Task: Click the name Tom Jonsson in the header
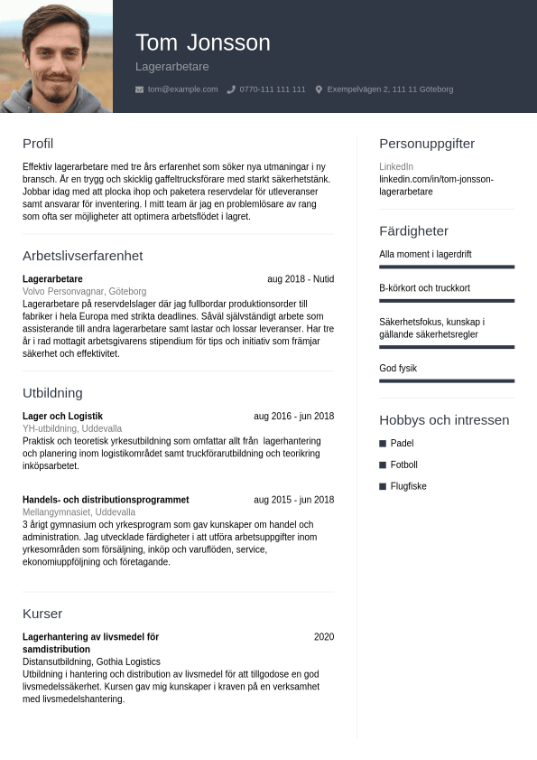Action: pyautogui.click(x=202, y=42)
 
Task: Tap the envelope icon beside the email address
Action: pyautogui.click(x=139, y=89)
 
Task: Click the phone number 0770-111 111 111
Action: pyautogui.click(x=272, y=89)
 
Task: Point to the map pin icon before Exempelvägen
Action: pyautogui.click(x=319, y=89)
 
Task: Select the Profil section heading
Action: pyautogui.click(x=38, y=144)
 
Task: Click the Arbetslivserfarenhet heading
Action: pyautogui.click(x=82, y=256)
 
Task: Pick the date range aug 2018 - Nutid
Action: pyautogui.click(x=301, y=279)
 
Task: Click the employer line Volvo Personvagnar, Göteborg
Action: pyautogui.click(x=84, y=292)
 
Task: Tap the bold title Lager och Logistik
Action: pyautogui.click(x=62, y=417)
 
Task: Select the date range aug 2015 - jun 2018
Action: pyautogui.click(x=293, y=500)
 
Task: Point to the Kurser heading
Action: pyautogui.click(x=42, y=614)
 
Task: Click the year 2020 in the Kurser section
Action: pyautogui.click(x=324, y=637)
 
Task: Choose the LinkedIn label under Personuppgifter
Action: pyautogui.click(x=396, y=167)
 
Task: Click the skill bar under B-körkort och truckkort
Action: pyautogui.click(x=447, y=301)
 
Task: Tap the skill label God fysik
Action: pyautogui.click(x=398, y=369)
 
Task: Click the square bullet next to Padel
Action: pyautogui.click(x=383, y=444)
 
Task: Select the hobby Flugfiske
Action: pyautogui.click(x=408, y=486)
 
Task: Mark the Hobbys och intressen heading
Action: pyautogui.click(x=444, y=420)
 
